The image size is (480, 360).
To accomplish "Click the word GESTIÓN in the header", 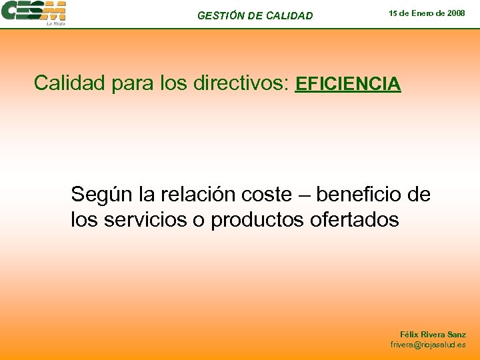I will point(221,15).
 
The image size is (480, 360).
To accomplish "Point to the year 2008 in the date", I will point(456,13).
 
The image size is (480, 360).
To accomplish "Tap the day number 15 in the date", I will point(393,13).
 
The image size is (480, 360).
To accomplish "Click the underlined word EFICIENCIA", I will point(348,84).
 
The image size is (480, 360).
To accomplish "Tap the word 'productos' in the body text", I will point(258,219).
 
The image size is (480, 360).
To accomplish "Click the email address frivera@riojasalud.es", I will point(428,345).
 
